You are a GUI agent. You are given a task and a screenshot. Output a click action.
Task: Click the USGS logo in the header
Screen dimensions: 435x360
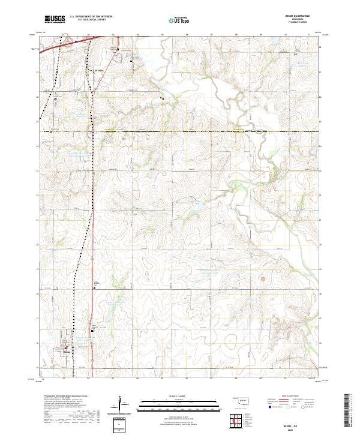pyautogui.click(x=55, y=19)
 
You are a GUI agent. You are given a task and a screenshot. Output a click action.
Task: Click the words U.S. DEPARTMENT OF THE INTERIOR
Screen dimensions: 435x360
pyautogui.click(x=91, y=17)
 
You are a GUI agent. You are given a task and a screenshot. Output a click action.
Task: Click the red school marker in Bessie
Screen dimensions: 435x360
pyautogui.click(x=67, y=346)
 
